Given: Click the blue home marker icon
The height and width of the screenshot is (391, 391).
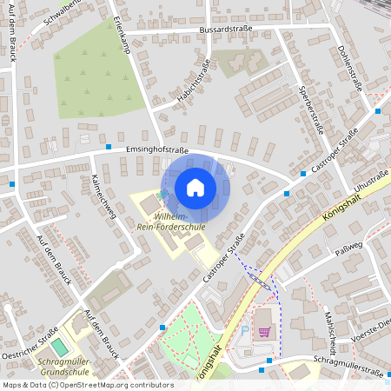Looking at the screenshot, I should pos(195,188).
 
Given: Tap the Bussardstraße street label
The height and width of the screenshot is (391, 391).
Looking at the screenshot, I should pos(226,29).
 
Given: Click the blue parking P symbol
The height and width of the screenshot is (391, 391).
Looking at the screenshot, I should pos(244,331).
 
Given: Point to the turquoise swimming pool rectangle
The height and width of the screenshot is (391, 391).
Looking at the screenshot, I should pos(57,348).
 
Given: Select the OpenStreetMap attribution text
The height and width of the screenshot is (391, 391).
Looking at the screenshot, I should pos(87,385).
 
